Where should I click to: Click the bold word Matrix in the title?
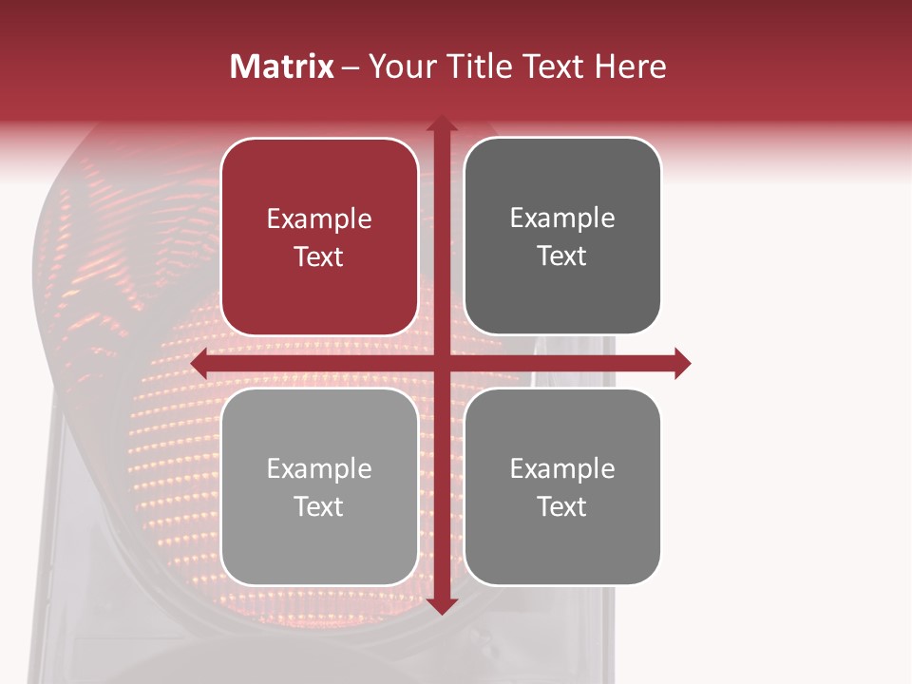pos(282,66)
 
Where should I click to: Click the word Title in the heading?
pos(481,66)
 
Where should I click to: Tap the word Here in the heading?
pos(631,66)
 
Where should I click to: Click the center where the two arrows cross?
pos(441,363)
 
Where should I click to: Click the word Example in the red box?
pos(319,219)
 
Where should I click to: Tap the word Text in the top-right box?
pos(562,256)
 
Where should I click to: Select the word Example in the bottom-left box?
pos(319,469)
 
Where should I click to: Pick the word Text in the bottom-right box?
pos(562,506)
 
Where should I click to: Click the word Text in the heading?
pos(554,66)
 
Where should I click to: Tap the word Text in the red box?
pos(319,256)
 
